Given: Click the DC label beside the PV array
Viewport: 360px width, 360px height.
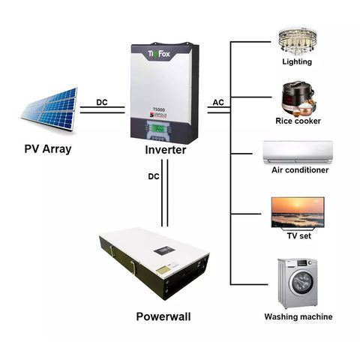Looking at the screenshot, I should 102,102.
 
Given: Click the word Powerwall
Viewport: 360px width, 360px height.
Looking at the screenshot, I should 163,316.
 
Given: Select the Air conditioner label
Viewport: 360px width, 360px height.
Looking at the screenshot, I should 299,170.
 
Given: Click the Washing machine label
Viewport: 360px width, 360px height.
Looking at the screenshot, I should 298,316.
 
